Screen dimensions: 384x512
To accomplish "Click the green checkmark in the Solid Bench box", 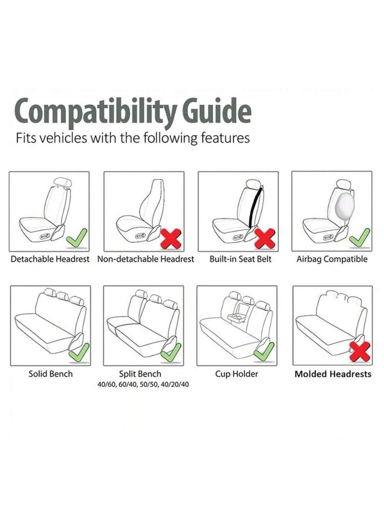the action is tap(79, 353).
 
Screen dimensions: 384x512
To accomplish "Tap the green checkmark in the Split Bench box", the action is tap(171, 353).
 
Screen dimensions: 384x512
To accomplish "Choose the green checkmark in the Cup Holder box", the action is tap(264, 352).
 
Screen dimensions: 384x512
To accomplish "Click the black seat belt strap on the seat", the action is tap(255, 207).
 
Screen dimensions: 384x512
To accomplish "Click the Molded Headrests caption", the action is tap(333, 374).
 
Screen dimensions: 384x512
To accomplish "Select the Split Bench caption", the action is tap(140, 374).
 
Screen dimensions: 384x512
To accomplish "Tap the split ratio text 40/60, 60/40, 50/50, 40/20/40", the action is tap(143, 384).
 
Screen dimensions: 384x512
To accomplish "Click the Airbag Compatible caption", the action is tap(332, 259).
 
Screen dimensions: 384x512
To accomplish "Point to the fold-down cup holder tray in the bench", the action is tap(236, 317).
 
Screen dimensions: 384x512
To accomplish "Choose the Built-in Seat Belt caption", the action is tap(240, 259).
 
